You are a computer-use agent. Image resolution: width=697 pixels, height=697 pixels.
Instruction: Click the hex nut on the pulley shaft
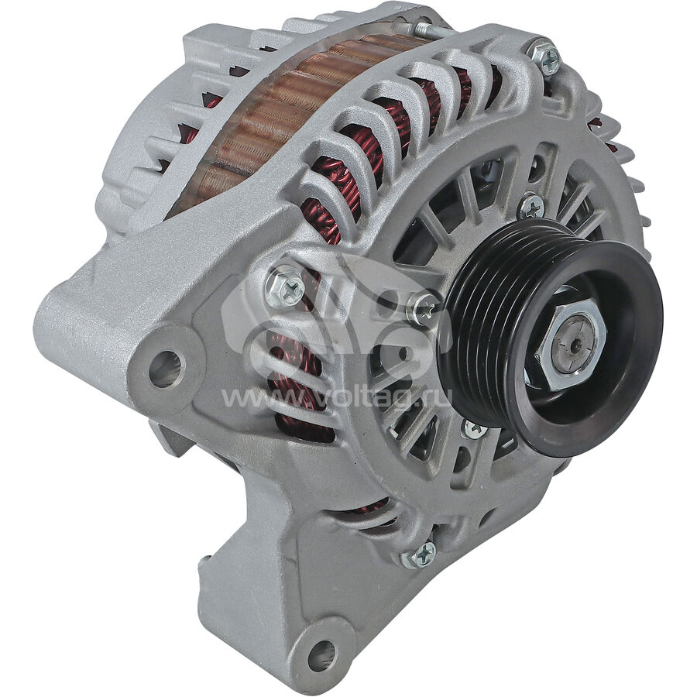point(572,343)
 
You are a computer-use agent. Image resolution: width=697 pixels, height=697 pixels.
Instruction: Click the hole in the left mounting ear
point(167,369)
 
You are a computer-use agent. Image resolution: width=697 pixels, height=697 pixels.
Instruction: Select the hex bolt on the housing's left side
point(284,287)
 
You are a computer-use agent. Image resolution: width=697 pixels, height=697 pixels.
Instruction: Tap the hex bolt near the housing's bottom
point(420,555)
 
